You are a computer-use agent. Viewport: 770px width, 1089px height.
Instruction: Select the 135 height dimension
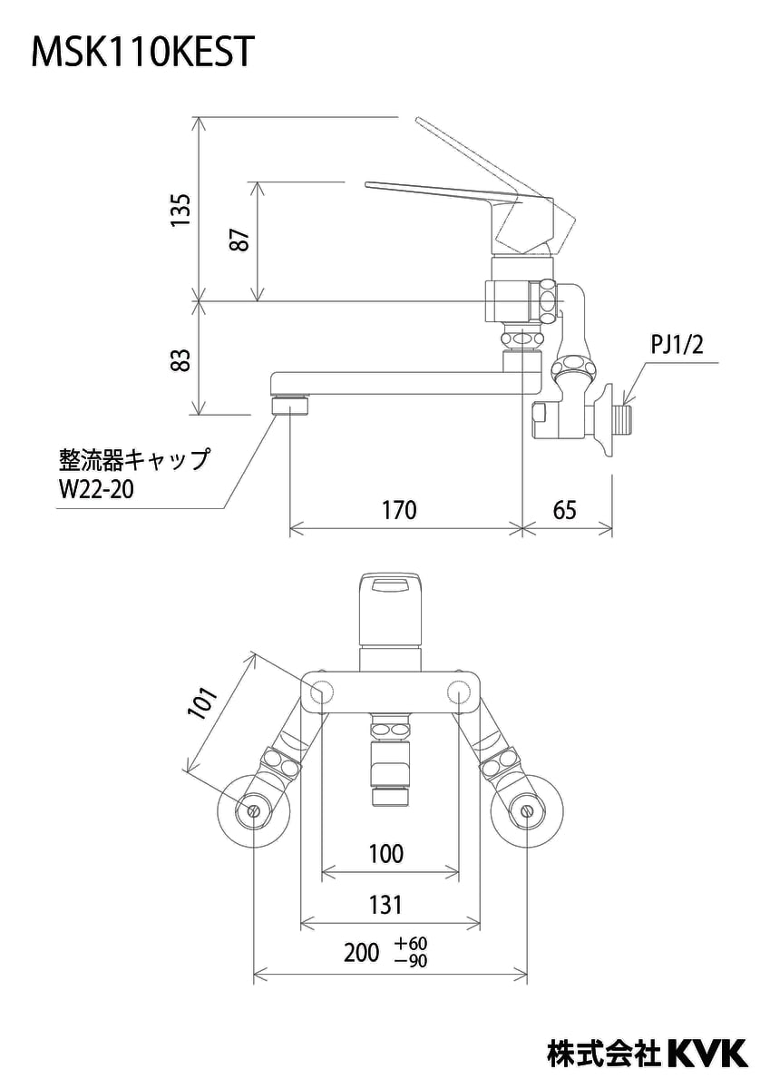tap(182, 211)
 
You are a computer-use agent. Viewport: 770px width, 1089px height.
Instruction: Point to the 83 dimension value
tap(182, 359)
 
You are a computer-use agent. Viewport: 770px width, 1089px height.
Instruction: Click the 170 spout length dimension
tap(399, 510)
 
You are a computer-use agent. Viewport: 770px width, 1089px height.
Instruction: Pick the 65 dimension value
tap(564, 510)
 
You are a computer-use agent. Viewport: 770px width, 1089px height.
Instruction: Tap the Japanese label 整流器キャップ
tap(133, 458)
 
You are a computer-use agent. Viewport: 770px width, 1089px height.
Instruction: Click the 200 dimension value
tap(362, 953)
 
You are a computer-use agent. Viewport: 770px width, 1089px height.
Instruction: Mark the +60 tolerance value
tap(411, 944)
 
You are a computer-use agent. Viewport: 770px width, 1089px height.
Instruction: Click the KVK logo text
tap(707, 1052)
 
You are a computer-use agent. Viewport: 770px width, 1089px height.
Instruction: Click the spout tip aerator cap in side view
tap(289, 403)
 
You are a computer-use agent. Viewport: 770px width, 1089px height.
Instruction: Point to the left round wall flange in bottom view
tap(254, 809)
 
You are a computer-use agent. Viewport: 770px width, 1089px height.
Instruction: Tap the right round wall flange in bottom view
tap(525, 809)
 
